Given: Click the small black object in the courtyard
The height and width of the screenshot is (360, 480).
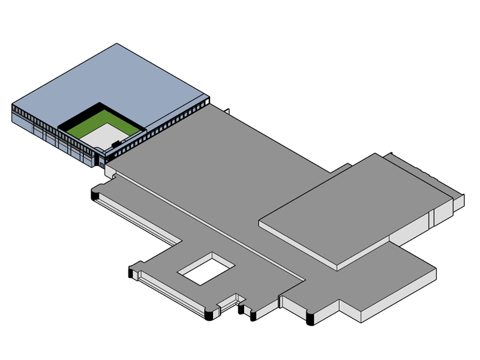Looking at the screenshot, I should coord(114,143).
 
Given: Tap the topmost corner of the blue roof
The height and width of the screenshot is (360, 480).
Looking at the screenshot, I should coord(116,44).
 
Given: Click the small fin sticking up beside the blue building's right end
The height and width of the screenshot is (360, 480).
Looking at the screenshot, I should coord(229,110).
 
